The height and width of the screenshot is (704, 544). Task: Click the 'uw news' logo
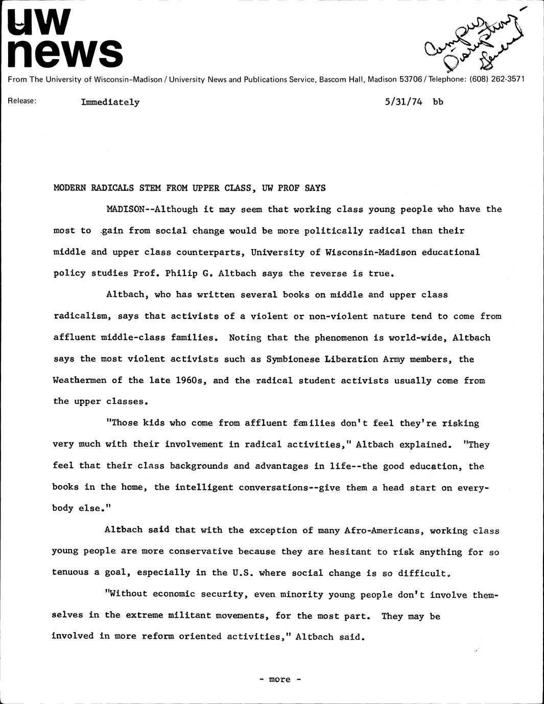point(65,39)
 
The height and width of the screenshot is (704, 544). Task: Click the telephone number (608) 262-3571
point(496,80)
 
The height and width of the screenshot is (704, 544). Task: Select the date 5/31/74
point(404,102)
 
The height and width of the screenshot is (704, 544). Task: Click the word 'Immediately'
point(110,102)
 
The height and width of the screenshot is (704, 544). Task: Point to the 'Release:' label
point(22,101)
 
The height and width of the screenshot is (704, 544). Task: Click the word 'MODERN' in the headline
point(69,188)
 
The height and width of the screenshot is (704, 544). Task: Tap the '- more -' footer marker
point(279,680)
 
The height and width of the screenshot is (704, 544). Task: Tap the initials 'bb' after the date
point(438,102)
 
